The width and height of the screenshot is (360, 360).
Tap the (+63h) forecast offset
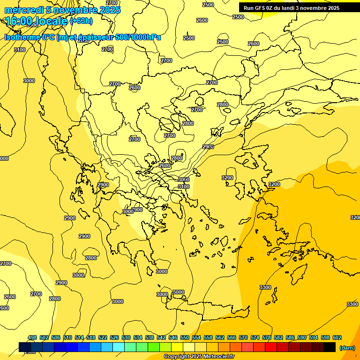(x=82, y=21)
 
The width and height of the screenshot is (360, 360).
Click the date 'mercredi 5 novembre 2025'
(x=62, y=10)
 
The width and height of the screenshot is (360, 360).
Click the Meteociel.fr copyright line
(x=199, y=357)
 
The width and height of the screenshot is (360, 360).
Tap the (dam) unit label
(x=347, y=347)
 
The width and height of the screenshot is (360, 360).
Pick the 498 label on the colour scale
(x=32, y=337)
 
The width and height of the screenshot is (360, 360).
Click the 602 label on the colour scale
(x=337, y=337)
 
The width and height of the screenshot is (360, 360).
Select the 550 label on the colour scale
(x=185, y=337)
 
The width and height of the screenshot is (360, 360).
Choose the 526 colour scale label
(x=114, y=337)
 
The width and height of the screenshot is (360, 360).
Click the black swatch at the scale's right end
(x=330, y=347)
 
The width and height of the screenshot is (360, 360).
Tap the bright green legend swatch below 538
(x=154, y=347)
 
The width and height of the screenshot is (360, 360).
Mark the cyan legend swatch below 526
(x=119, y=347)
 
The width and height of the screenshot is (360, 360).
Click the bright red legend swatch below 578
(x=271, y=347)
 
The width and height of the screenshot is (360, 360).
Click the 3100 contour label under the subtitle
(x=20, y=50)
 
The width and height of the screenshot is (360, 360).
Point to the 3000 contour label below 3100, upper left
(x=29, y=81)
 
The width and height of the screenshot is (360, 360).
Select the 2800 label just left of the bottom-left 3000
(x=55, y=299)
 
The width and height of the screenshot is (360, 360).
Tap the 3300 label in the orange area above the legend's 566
(x=265, y=287)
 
